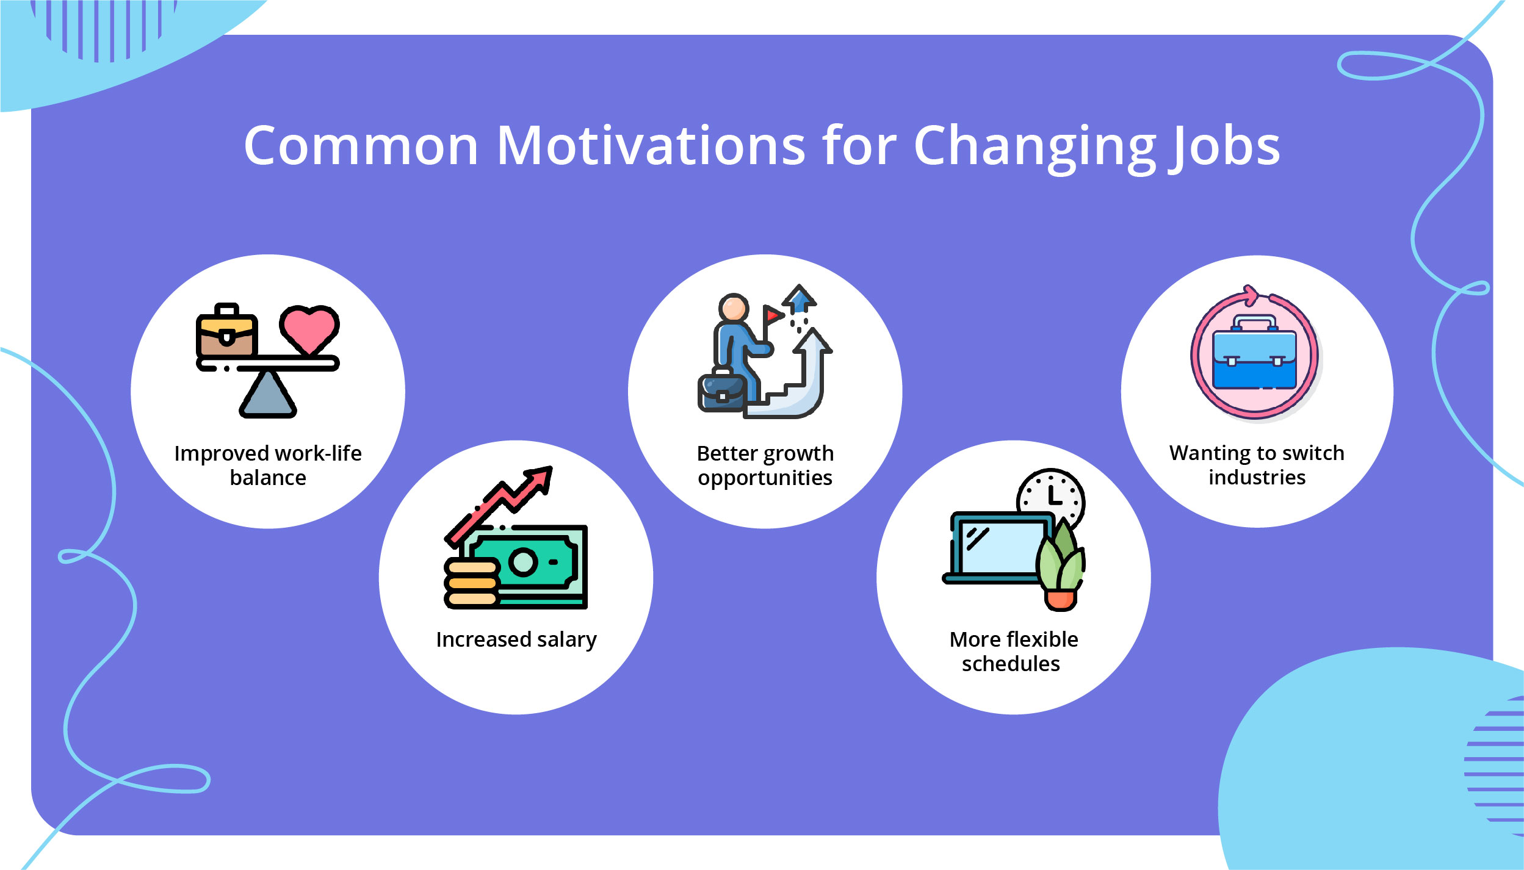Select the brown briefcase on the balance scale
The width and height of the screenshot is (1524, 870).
coord(226,335)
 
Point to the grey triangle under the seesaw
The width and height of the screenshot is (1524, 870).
coord(267,396)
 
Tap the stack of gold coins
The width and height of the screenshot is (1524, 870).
coord(471,583)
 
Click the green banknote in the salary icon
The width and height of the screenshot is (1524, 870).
coord(537,563)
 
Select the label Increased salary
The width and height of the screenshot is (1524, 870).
coord(516,639)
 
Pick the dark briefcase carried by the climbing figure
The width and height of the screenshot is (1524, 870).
coord(721,392)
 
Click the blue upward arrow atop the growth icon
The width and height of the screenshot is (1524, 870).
coord(799,298)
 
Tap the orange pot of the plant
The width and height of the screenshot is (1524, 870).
coord(1061,599)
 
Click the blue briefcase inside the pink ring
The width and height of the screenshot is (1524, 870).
coord(1255,360)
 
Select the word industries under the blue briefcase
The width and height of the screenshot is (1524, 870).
coord(1257,477)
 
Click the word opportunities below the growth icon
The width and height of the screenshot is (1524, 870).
coord(765,478)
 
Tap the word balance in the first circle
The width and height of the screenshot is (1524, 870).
coord(268,478)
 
